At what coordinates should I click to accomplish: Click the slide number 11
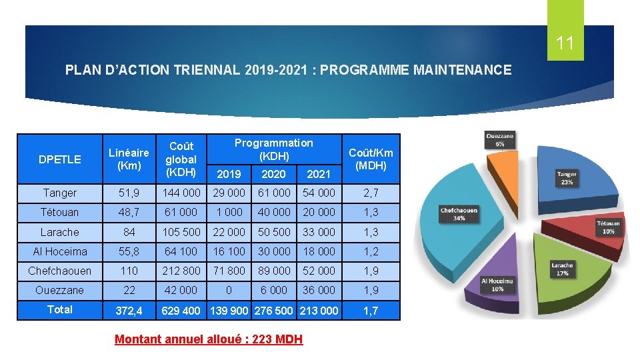click(x=565, y=44)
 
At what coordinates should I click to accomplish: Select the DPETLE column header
click(x=60, y=159)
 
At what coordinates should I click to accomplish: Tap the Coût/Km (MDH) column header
click(x=371, y=159)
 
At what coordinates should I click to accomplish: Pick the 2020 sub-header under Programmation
click(x=273, y=174)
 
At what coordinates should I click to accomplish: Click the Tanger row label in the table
click(x=60, y=193)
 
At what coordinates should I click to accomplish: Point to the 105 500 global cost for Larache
click(x=181, y=232)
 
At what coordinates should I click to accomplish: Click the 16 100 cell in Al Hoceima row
click(x=229, y=251)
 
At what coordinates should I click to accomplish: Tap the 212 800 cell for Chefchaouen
click(x=181, y=271)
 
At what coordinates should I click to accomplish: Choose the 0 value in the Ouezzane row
click(x=229, y=290)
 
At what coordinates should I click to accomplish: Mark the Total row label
click(x=60, y=309)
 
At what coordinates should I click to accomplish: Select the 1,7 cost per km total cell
click(x=371, y=310)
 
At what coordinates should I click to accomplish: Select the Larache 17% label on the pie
click(x=562, y=269)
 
